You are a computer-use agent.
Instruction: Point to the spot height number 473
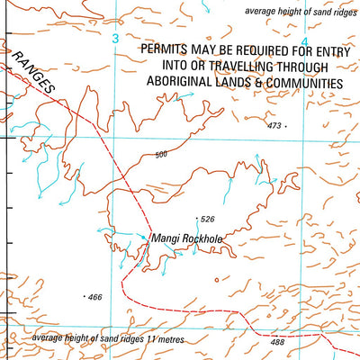[274, 126]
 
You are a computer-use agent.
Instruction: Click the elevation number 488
[276, 342]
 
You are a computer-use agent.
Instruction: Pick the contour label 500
[161, 155]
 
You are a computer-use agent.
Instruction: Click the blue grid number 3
[115, 39]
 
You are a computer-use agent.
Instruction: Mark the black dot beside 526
[197, 219]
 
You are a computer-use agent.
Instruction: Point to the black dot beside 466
[85, 296]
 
